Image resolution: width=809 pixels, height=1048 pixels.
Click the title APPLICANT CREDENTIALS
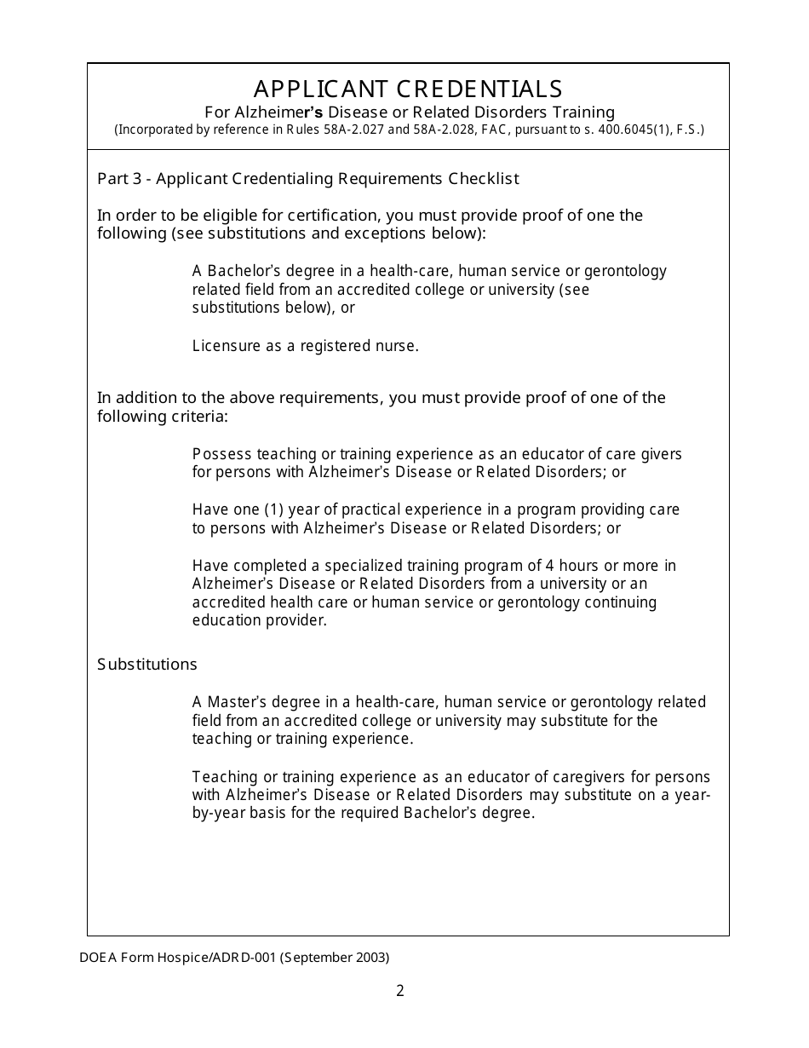coord(408,89)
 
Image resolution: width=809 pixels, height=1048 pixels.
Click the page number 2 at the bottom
coord(400,990)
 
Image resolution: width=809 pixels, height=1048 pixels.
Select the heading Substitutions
coord(147,665)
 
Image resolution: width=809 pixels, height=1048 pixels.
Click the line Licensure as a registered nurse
coord(305,346)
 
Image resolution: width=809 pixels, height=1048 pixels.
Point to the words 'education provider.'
coord(259,620)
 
